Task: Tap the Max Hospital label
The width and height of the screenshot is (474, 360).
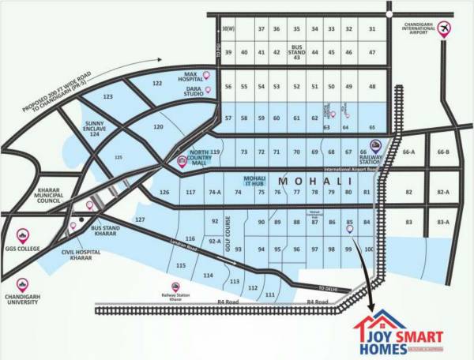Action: [179, 75]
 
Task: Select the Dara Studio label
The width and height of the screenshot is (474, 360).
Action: [183, 92]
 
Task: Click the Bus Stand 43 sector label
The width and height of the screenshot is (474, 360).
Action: [297, 52]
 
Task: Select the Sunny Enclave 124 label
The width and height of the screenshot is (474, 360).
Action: [100, 129]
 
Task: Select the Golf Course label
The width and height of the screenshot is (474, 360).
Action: [225, 231]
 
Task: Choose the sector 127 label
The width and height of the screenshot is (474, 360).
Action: [141, 219]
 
